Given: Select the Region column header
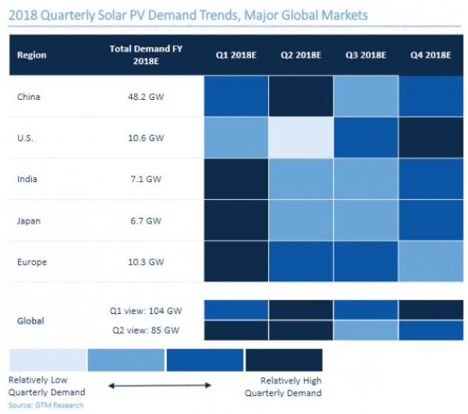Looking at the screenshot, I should (32, 55).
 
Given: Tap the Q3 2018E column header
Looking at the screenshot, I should (363, 55).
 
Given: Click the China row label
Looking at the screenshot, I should (29, 98).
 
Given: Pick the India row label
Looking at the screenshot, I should (27, 180).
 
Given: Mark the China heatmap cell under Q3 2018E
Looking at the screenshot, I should (363, 98).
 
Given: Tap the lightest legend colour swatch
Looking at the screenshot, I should (48, 360).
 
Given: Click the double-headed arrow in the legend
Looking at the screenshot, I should (160, 385).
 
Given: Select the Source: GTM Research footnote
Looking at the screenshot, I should (46, 405).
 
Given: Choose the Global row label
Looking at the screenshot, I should (30, 319).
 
